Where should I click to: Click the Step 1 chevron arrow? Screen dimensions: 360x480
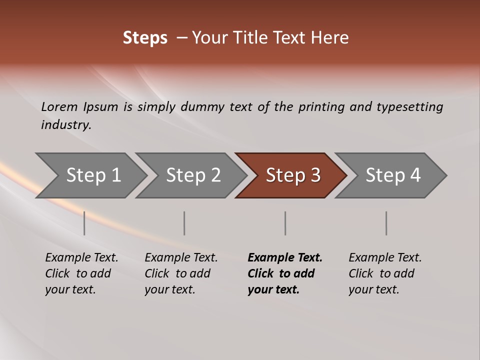[x=93, y=175]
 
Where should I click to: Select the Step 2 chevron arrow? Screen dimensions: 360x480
[x=193, y=175]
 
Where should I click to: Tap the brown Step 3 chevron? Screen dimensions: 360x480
[x=292, y=175]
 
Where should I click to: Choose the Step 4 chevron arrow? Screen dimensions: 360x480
[x=392, y=175]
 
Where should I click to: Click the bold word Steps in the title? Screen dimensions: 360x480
[x=145, y=38]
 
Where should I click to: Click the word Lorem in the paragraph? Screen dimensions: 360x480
[x=59, y=106]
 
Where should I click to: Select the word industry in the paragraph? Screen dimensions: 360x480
[x=65, y=125]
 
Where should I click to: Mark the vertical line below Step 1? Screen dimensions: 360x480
[x=84, y=223]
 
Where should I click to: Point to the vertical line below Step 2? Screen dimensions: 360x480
[x=184, y=223]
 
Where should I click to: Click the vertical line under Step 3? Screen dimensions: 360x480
[x=285, y=223]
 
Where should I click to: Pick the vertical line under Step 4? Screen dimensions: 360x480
[x=386, y=223]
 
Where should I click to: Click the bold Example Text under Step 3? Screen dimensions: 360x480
[x=285, y=258]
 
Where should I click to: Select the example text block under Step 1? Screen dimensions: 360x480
[x=81, y=273]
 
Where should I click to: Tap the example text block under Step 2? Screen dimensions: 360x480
[x=181, y=273]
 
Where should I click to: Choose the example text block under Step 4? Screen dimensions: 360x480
[x=385, y=273]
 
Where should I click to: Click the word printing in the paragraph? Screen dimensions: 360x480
[x=321, y=106]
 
